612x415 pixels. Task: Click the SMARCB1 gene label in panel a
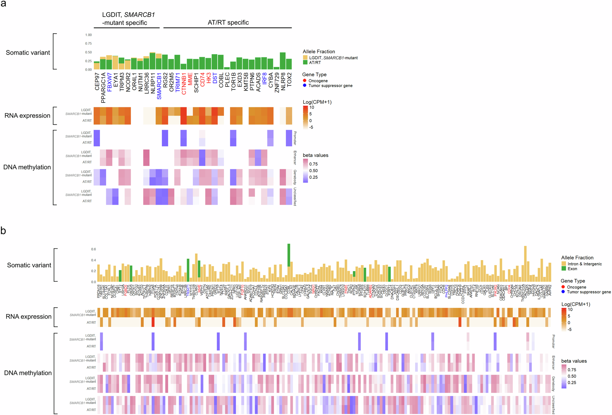pos(159,86)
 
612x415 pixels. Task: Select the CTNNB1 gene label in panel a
pos(184,84)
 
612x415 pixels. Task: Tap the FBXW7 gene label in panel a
pos(109,82)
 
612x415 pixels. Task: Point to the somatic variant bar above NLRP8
pos(283,61)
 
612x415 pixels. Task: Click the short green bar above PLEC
pos(227,68)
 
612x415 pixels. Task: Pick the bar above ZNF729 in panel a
pos(276,68)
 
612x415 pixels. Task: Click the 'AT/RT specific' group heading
pos(228,23)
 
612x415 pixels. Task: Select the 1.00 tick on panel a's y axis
pos(88,35)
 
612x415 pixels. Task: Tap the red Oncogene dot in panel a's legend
pos(304,81)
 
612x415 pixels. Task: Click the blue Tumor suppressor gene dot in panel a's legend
pos(304,86)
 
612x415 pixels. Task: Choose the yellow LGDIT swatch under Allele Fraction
pos(305,57)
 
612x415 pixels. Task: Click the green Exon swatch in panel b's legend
pos(564,269)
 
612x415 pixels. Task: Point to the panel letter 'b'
pos(3,231)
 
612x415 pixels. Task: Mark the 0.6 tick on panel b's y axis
pos(93,249)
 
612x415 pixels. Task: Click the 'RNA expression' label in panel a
pos(27,116)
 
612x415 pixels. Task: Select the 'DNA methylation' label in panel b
pos(28,373)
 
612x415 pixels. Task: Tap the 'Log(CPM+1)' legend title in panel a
pos(317,102)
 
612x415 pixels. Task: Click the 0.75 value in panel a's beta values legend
pos(313,164)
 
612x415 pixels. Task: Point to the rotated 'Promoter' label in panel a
pos(295,138)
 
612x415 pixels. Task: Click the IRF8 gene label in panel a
pos(264,79)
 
